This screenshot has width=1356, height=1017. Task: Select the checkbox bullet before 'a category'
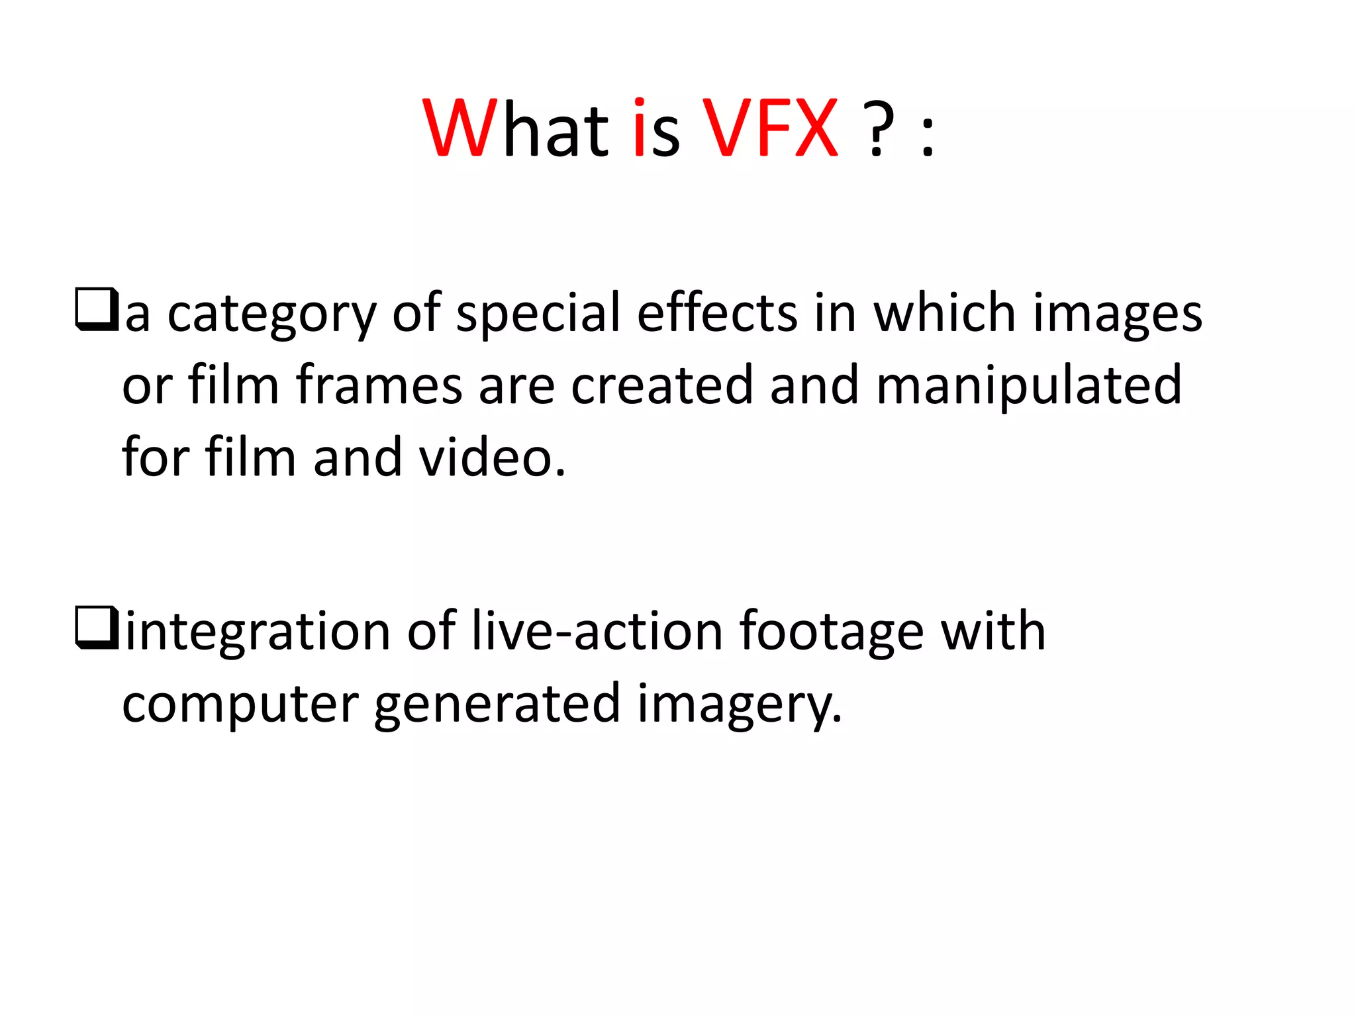[97, 309]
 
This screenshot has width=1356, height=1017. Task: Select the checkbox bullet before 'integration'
[97, 628]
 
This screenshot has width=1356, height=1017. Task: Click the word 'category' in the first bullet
[271, 315]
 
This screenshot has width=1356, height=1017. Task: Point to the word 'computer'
[240, 705]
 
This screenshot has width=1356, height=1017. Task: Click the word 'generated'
[497, 705]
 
